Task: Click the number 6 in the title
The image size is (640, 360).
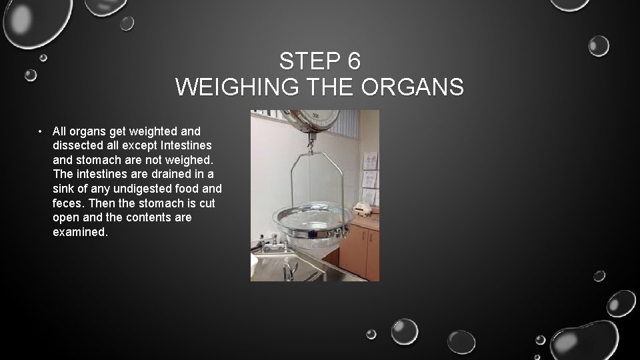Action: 353,61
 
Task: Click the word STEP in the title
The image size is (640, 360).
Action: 309,61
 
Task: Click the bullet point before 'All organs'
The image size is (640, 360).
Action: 41,131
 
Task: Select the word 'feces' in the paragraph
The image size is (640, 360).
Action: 67,203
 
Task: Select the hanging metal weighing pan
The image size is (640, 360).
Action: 313,220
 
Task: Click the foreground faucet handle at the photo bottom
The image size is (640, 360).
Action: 289,269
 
